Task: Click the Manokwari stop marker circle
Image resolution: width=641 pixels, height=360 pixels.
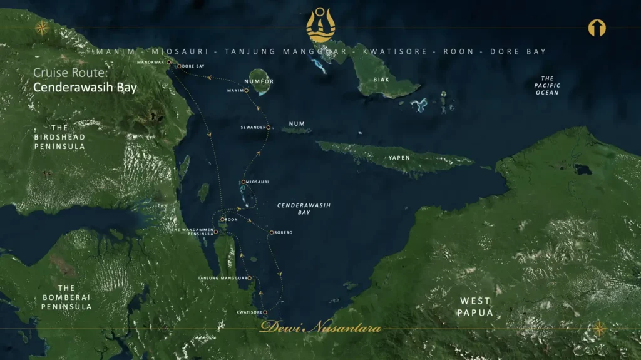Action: [169, 62]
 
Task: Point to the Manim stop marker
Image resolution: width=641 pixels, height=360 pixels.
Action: [246, 90]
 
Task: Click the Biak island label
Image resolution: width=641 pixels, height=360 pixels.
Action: [381, 80]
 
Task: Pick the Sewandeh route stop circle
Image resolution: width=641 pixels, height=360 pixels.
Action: [268, 128]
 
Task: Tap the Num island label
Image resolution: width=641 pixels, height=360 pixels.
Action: [297, 124]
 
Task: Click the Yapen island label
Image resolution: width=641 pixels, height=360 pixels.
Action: [399, 158]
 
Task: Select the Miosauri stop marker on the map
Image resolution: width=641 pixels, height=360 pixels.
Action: [243, 182]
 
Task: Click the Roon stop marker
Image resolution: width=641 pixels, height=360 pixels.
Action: [222, 220]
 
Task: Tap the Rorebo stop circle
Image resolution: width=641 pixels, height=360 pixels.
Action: [270, 233]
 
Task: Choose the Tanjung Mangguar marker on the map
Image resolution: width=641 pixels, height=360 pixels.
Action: [249, 278]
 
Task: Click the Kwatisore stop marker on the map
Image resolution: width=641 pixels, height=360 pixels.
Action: [265, 312]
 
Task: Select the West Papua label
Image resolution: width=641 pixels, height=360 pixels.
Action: [475, 307]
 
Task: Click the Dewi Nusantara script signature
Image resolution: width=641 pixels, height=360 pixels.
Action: [320, 327]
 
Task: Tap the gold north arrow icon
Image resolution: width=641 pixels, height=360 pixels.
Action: [597, 28]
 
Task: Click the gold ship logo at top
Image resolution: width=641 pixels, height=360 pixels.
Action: [320, 25]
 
